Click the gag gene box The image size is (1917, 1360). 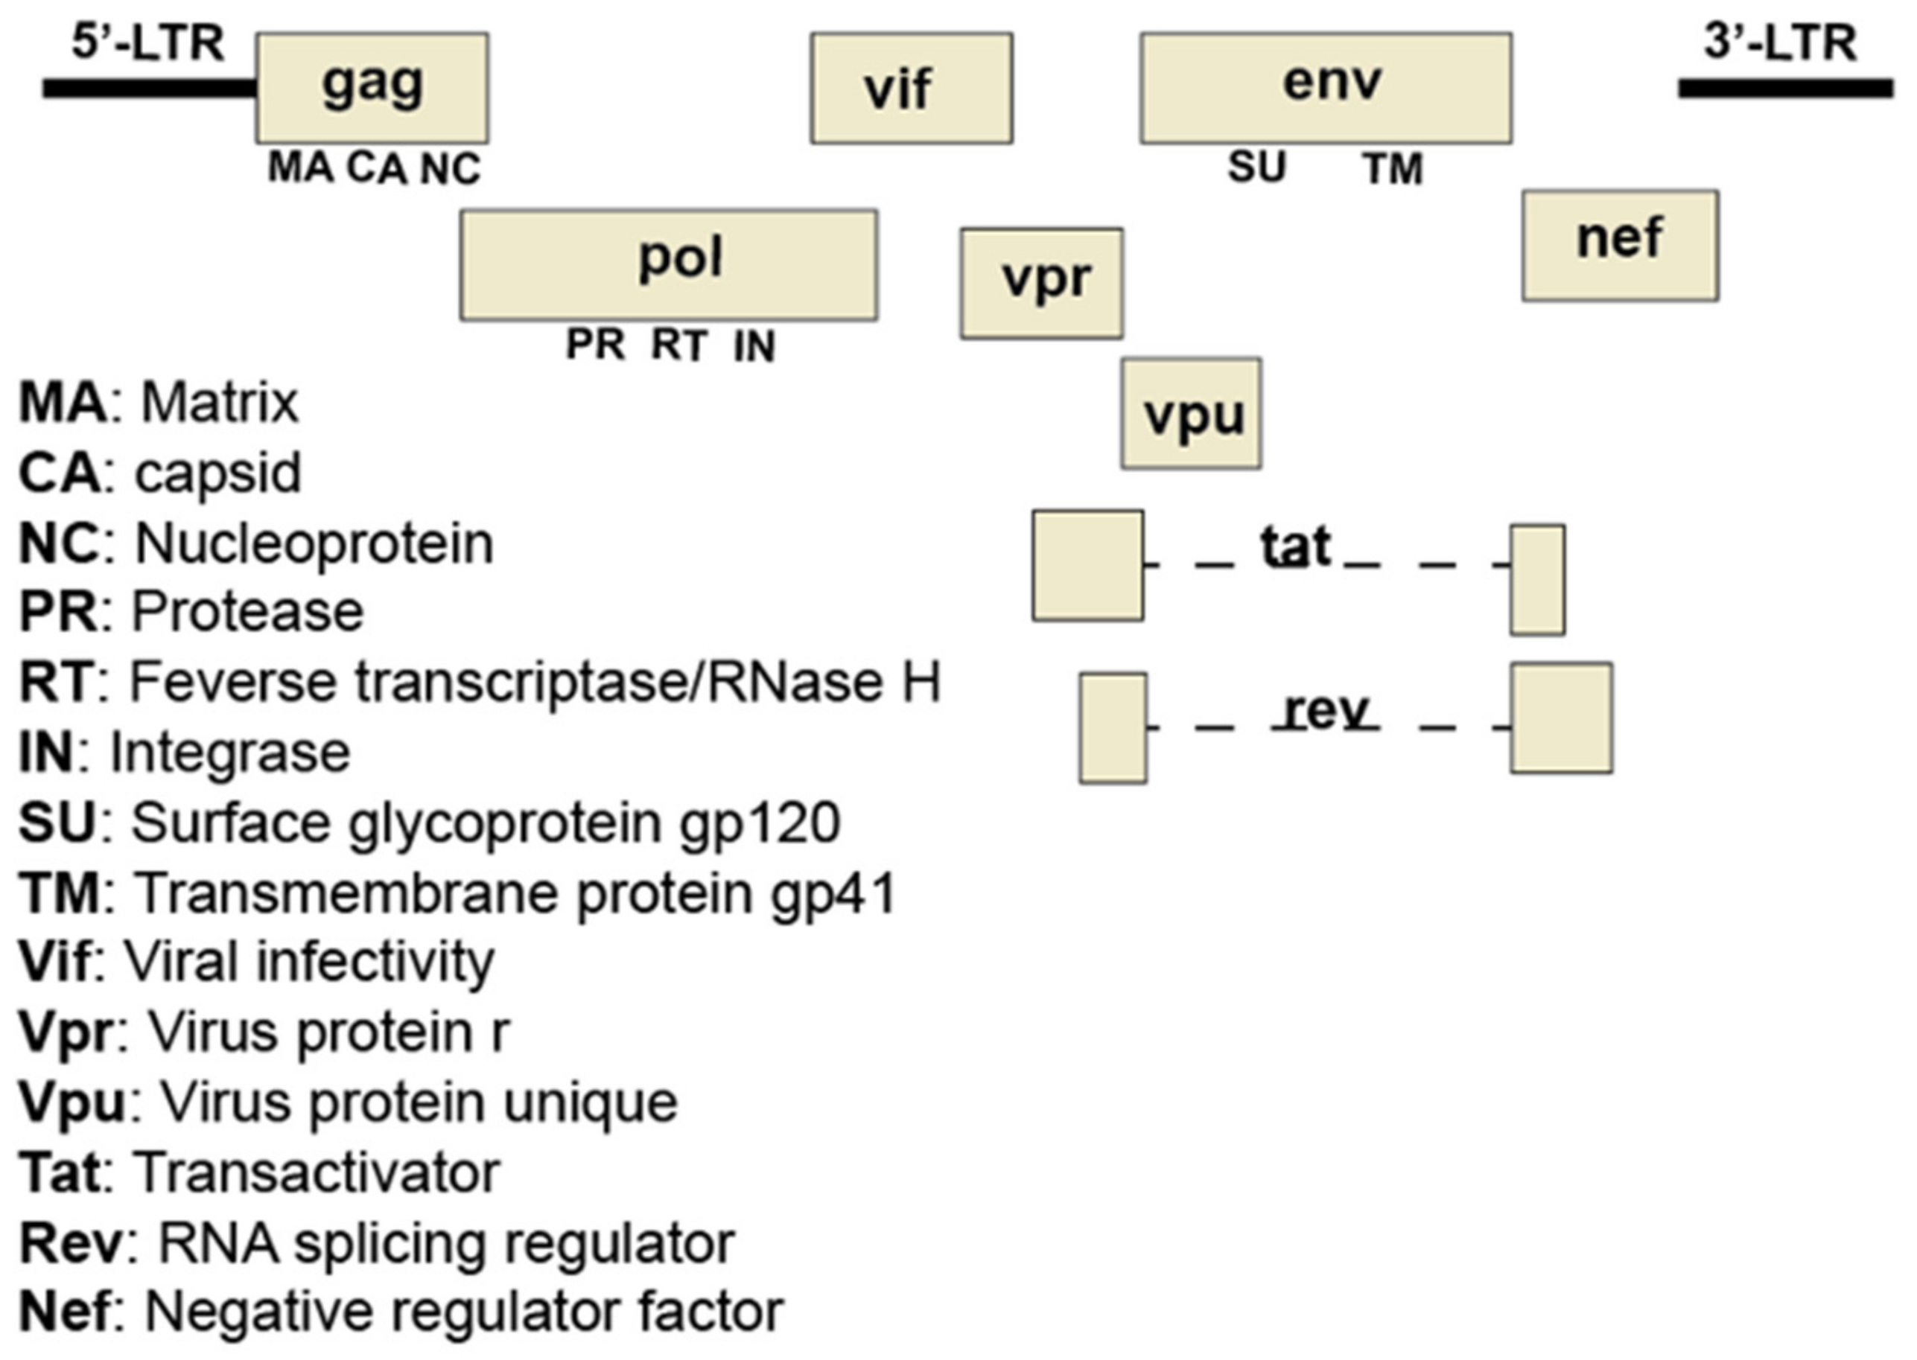pyautogui.click(x=372, y=88)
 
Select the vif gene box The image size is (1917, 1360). pyautogui.click(x=911, y=88)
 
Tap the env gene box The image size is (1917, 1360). pyautogui.click(x=1326, y=88)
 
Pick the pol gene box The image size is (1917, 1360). pyautogui.click(x=669, y=265)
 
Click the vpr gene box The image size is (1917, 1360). pyautogui.click(x=1041, y=283)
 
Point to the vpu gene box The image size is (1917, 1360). pyautogui.click(x=1191, y=414)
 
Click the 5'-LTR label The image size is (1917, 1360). pyautogui.click(x=148, y=43)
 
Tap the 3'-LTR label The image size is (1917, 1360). pyautogui.click(x=1780, y=43)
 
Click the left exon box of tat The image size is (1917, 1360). pyautogui.click(x=1087, y=565)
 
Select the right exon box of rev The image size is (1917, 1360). pyautogui.click(x=1561, y=718)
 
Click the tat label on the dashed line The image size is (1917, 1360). pyautogui.click(x=1295, y=548)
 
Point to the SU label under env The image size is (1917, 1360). pyautogui.click(x=1256, y=167)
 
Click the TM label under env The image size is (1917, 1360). pyautogui.click(x=1393, y=169)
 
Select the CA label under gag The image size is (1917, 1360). pyautogui.click(x=376, y=168)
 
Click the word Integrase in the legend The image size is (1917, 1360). pyautogui.click(x=229, y=752)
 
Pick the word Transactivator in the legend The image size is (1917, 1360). pyautogui.click(x=317, y=1172)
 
